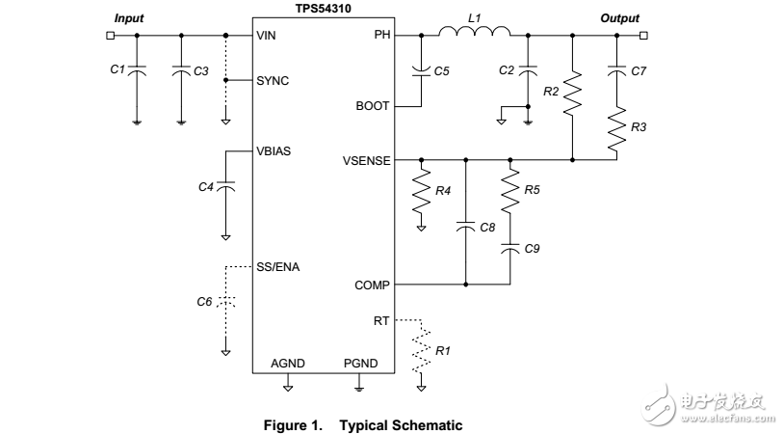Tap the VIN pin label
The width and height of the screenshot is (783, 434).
[267, 36]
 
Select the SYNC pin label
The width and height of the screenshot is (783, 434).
[274, 80]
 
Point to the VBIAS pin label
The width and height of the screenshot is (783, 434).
[274, 151]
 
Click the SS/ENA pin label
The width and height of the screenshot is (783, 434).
[278, 266]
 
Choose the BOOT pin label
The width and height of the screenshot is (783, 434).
[375, 106]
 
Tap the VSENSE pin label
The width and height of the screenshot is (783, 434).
[367, 160]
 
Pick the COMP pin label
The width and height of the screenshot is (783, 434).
[373, 285]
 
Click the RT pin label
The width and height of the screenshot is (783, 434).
[381, 319]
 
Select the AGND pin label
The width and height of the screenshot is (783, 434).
[288, 364]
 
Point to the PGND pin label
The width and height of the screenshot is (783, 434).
[360, 364]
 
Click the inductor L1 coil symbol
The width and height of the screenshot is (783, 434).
[474, 35]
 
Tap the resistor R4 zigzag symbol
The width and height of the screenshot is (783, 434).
[421, 193]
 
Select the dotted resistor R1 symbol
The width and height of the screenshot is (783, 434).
[422, 352]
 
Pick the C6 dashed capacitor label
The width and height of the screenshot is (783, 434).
[204, 302]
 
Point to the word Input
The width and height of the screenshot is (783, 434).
[129, 18]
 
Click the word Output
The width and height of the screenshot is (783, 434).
[619, 18]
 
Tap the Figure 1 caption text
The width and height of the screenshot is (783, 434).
[364, 425]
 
